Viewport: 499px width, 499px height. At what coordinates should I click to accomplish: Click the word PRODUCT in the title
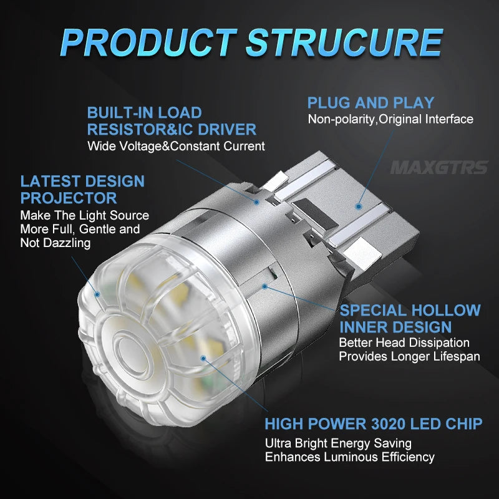[149, 42]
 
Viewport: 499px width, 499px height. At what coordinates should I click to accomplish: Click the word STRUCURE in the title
[344, 42]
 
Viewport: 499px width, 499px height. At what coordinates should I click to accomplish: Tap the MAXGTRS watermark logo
[439, 167]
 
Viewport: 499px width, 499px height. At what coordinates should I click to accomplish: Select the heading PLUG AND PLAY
[371, 103]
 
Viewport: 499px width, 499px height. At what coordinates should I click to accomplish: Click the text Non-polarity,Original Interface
[390, 119]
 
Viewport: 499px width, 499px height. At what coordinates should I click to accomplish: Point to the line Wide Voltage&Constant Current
[176, 146]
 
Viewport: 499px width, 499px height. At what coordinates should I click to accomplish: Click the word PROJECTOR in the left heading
[69, 198]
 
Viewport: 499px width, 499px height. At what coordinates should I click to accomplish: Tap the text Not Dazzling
[56, 243]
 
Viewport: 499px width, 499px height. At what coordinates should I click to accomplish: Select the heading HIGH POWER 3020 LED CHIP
[374, 424]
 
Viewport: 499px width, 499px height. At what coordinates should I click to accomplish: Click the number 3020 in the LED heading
[388, 424]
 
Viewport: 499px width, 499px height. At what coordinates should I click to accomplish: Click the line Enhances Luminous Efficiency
[350, 457]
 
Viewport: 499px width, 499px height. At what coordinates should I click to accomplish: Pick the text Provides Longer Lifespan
[410, 356]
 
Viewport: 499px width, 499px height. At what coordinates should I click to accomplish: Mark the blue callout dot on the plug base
[359, 206]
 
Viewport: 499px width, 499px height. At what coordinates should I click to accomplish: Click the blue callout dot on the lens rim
[97, 294]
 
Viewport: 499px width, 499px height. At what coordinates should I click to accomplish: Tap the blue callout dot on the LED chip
[203, 359]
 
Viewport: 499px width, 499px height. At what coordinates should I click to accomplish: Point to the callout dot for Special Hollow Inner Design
[264, 287]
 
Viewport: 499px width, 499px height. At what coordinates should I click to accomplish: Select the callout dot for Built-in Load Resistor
[256, 201]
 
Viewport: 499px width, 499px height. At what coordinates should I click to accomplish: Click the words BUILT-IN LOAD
[145, 113]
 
